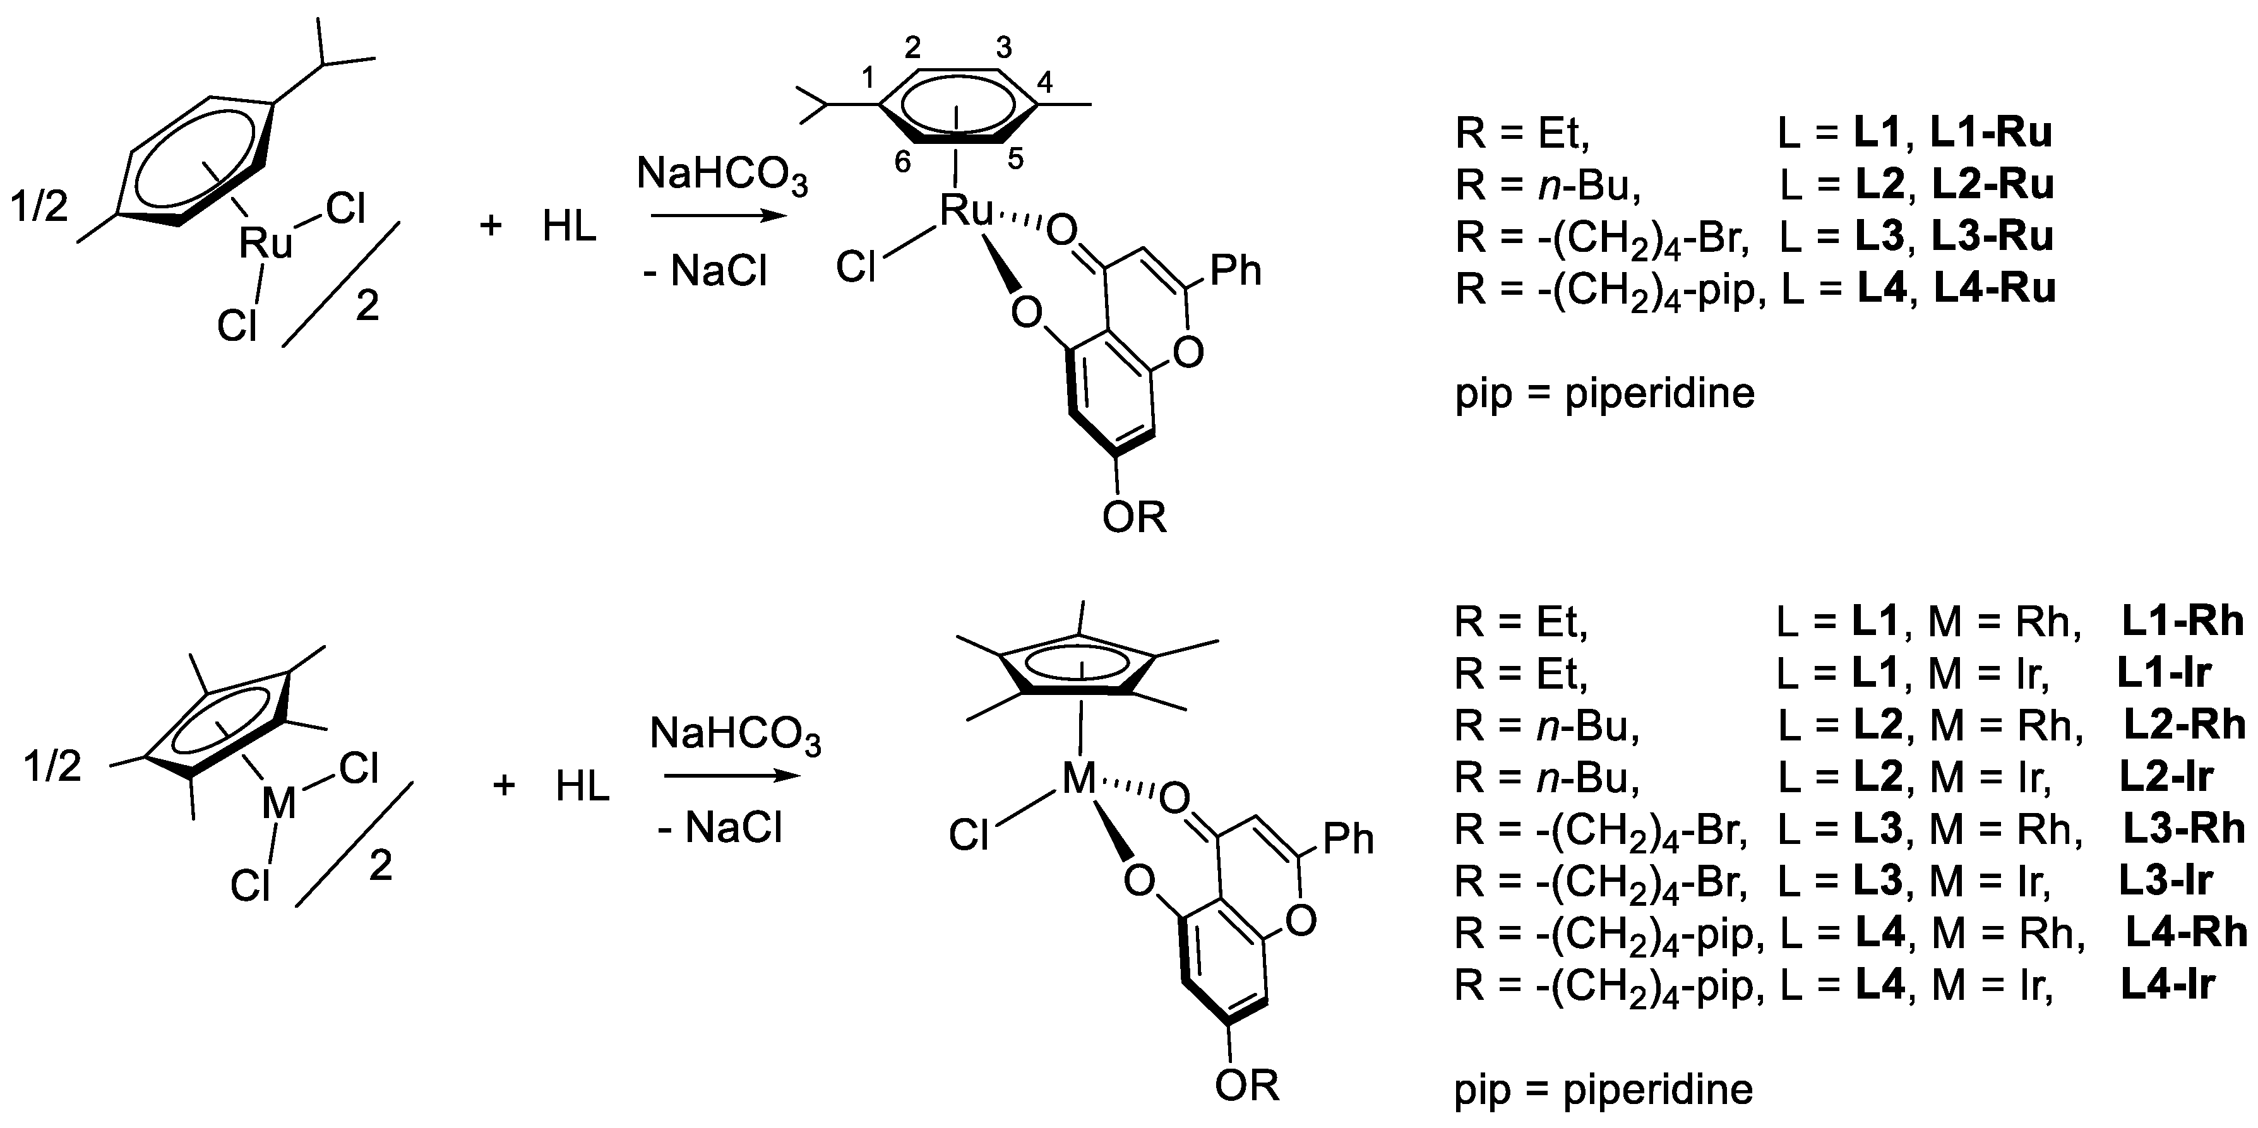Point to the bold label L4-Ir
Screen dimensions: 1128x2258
(2168, 984)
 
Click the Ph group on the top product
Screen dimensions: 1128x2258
(1236, 271)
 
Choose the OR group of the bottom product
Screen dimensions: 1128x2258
(1246, 1086)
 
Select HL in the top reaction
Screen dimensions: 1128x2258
(569, 227)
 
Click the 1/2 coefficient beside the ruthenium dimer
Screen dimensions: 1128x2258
(39, 208)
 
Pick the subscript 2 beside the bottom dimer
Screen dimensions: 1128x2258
(380, 867)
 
